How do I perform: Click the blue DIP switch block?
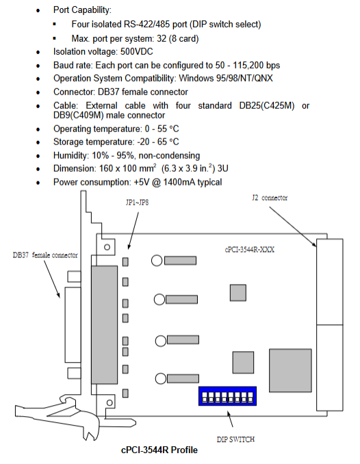227,396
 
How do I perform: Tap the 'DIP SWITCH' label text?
235,439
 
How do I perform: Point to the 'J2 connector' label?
270,198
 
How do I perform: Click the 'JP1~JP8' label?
137,203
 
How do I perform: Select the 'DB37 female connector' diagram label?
45,255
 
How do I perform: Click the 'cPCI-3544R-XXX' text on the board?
250,250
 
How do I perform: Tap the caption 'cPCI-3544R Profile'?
159,450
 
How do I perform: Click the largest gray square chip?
290,370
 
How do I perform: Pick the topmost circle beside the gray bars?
157,261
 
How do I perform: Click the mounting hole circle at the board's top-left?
107,247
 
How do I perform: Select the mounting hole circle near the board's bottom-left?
110,402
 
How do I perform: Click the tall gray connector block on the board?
104,325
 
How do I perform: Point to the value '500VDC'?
136,52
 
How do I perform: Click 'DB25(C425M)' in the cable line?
267,105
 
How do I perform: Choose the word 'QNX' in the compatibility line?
263,79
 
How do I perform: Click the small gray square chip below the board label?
238,293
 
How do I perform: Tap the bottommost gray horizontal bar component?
183,378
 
